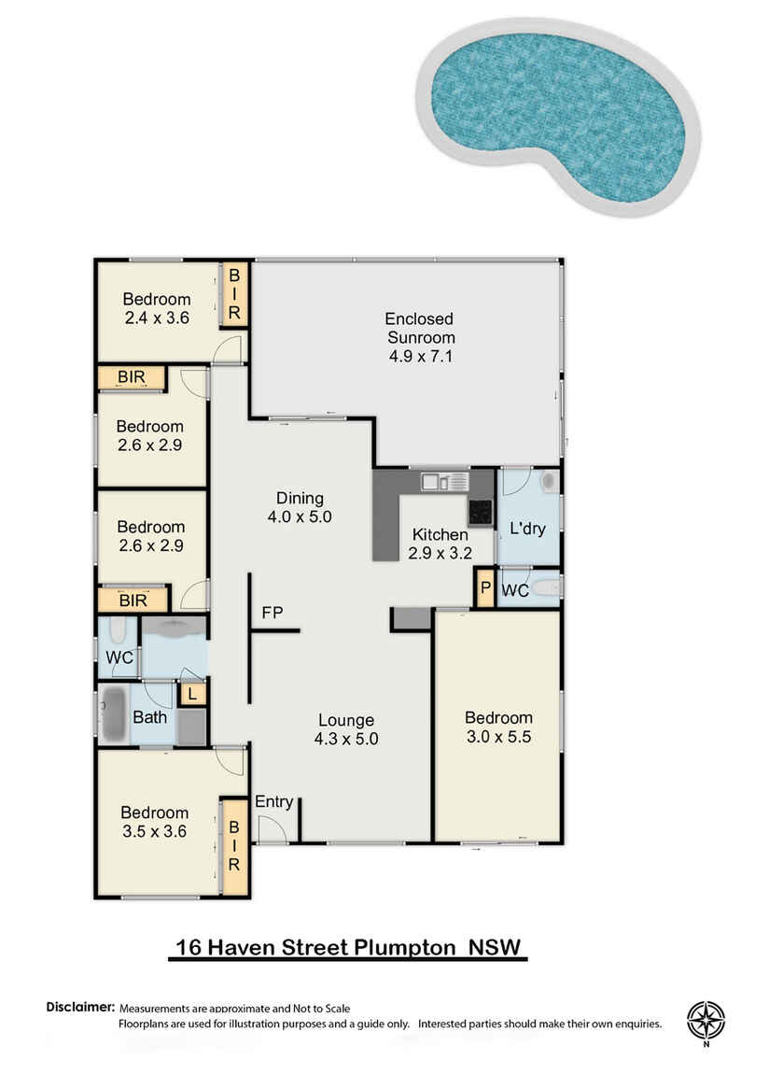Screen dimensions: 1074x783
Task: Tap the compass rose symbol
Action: (706, 1022)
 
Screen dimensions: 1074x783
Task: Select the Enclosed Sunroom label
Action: (420, 336)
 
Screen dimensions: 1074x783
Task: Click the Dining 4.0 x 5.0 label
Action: (300, 506)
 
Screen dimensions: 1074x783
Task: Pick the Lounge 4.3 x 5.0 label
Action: (346, 729)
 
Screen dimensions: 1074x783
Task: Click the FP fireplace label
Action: (273, 613)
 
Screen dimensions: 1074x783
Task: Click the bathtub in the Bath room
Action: (114, 714)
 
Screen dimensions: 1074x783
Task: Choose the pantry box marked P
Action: (484, 589)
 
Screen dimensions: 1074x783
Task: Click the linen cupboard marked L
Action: (192, 694)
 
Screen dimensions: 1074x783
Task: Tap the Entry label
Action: (273, 801)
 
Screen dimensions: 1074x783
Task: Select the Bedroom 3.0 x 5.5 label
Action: (498, 727)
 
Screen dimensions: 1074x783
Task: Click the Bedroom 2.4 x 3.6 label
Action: (157, 308)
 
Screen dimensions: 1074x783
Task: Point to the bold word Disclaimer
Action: (80, 1008)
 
